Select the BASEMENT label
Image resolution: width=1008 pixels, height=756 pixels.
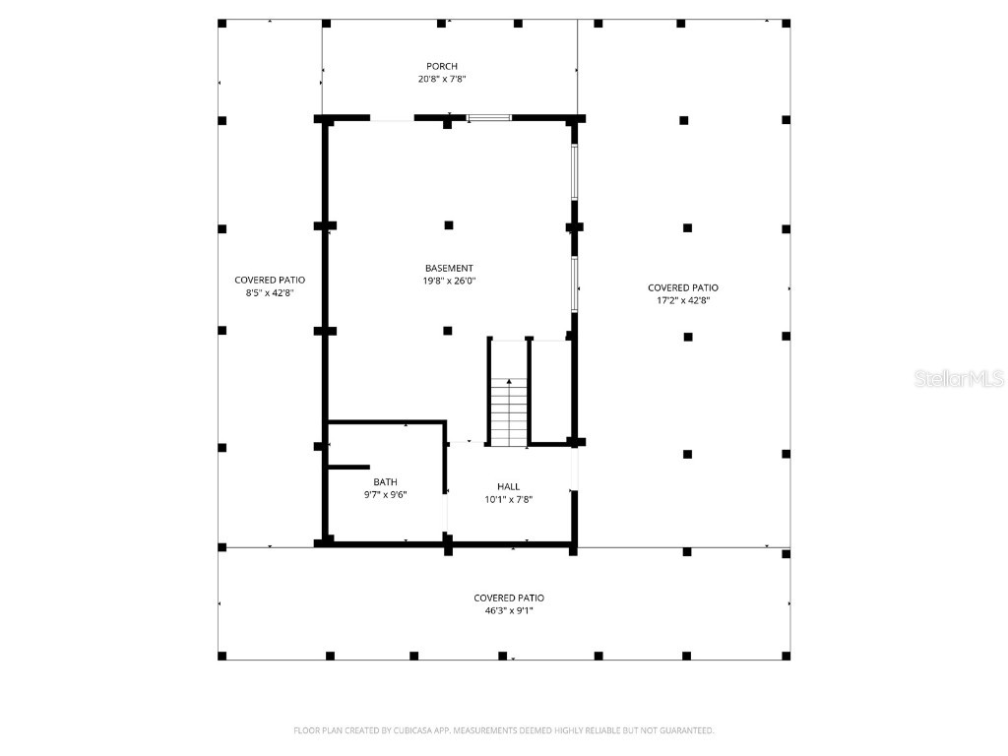tap(449, 268)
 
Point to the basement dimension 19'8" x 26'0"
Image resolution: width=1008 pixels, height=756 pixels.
tap(449, 281)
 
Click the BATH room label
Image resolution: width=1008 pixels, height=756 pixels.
tap(385, 481)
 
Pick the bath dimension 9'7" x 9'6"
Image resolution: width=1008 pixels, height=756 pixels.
tap(385, 494)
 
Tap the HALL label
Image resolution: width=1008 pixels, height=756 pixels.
tap(508, 486)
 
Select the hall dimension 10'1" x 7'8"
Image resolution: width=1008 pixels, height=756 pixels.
tap(508, 499)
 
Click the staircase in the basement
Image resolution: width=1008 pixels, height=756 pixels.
tap(509, 413)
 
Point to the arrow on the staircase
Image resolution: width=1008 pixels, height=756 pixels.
tap(509, 382)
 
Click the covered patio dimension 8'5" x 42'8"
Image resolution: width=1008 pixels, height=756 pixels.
tap(270, 292)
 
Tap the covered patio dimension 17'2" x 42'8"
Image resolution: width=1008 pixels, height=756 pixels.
tap(683, 300)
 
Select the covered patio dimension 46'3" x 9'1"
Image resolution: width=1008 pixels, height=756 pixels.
tap(509, 610)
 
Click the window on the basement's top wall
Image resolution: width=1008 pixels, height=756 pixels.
tap(489, 118)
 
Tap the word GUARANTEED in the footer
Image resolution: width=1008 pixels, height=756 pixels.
tap(685, 730)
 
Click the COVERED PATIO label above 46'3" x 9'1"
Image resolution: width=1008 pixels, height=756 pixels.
tap(509, 598)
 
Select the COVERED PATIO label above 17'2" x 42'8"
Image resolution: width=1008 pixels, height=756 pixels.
tap(683, 287)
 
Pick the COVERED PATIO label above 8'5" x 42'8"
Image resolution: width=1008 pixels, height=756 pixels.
tap(270, 280)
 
